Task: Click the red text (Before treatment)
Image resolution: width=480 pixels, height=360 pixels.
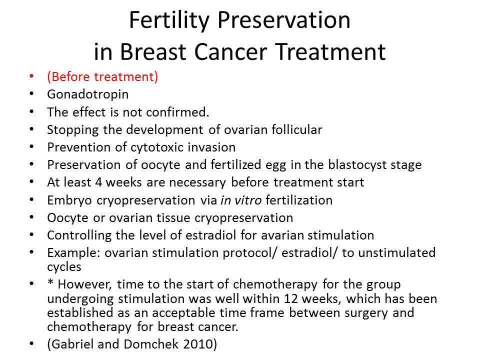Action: point(102,76)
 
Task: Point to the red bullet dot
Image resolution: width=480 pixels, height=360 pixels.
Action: point(31,76)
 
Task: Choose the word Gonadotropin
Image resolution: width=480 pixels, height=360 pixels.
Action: point(88,94)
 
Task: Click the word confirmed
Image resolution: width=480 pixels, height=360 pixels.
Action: point(177,112)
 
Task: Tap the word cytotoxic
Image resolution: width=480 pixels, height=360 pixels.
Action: point(157,147)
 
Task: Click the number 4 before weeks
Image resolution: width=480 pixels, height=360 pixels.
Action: point(98,182)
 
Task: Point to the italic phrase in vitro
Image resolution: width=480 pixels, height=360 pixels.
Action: point(241,200)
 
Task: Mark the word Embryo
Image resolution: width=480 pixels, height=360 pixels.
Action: point(69,200)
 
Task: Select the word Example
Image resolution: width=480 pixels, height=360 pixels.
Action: point(73,253)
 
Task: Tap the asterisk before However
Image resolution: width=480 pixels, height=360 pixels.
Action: point(50,282)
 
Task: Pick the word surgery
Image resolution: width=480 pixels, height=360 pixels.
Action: point(366,313)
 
